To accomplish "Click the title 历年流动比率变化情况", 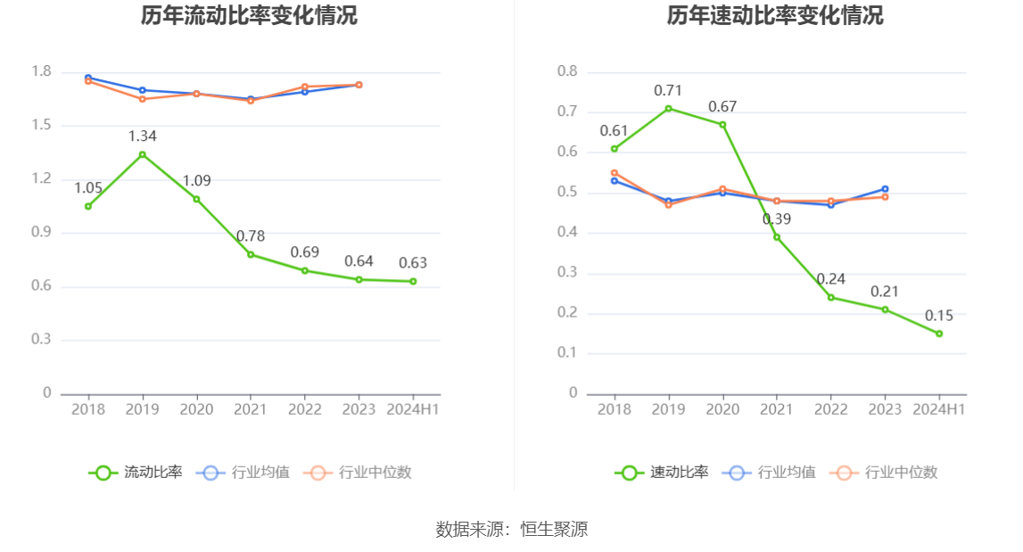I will click(249, 16).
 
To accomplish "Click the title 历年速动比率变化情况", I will click(775, 16).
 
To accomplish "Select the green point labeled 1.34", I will click(143, 154).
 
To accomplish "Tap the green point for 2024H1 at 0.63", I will click(413, 281).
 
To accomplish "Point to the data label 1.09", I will click(197, 181).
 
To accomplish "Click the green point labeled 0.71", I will click(669, 108).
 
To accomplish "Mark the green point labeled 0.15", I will click(939, 334).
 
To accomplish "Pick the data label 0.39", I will click(777, 219).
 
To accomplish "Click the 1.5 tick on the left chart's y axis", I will click(41, 126).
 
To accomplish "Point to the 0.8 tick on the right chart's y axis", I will click(567, 72).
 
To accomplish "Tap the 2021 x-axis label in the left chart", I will click(251, 409).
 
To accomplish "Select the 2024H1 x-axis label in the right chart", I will click(939, 409).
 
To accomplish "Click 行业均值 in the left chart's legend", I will click(260, 473).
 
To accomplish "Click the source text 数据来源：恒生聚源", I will click(512, 529).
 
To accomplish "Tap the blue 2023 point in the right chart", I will click(885, 189).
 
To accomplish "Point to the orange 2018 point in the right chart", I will click(615, 173).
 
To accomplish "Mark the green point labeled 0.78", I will click(251, 254).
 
